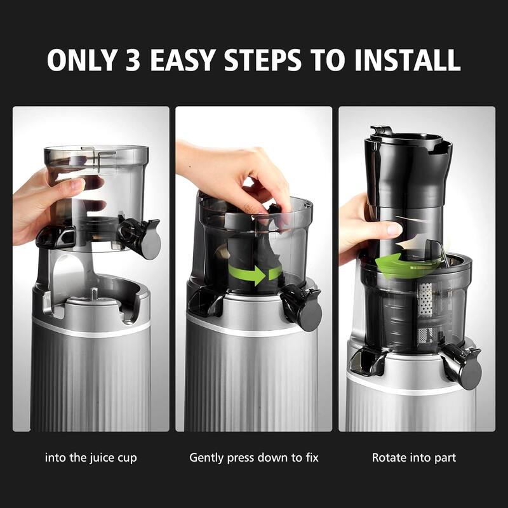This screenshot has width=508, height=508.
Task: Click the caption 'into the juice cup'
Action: pyautogui.click(x=91, y=457)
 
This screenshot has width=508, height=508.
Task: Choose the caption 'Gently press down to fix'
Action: pyautogui.click(x=254, y=457)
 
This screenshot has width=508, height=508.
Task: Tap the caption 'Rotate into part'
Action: pyautogui.click(x=414, y=457)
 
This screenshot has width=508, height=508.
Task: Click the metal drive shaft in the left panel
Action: pyautogui.click(x=94, y=293)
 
